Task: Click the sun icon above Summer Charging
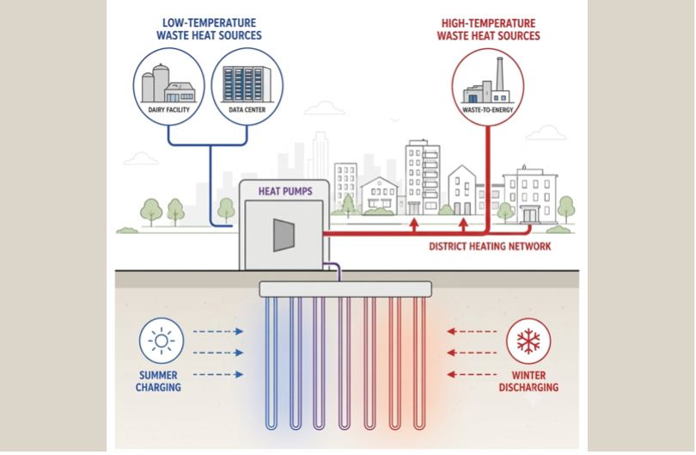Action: (x=162, y=341)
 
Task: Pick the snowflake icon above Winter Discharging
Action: (x=528, y=341)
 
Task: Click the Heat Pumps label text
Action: (x=285, y=191)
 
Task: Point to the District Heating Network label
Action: (x=490, y=246)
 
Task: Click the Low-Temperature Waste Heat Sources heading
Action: (x=209, y=29)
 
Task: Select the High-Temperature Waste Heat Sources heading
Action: (x=488, y=30)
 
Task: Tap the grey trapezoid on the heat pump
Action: (x=284, y=235)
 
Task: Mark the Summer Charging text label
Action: (x=158, y=381)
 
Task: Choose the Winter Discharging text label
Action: (x=528, y=381)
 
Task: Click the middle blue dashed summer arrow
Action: (x=218, y=353)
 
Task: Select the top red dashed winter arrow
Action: (x=472, y=331)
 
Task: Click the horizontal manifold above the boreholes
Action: (x=345, y=289)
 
